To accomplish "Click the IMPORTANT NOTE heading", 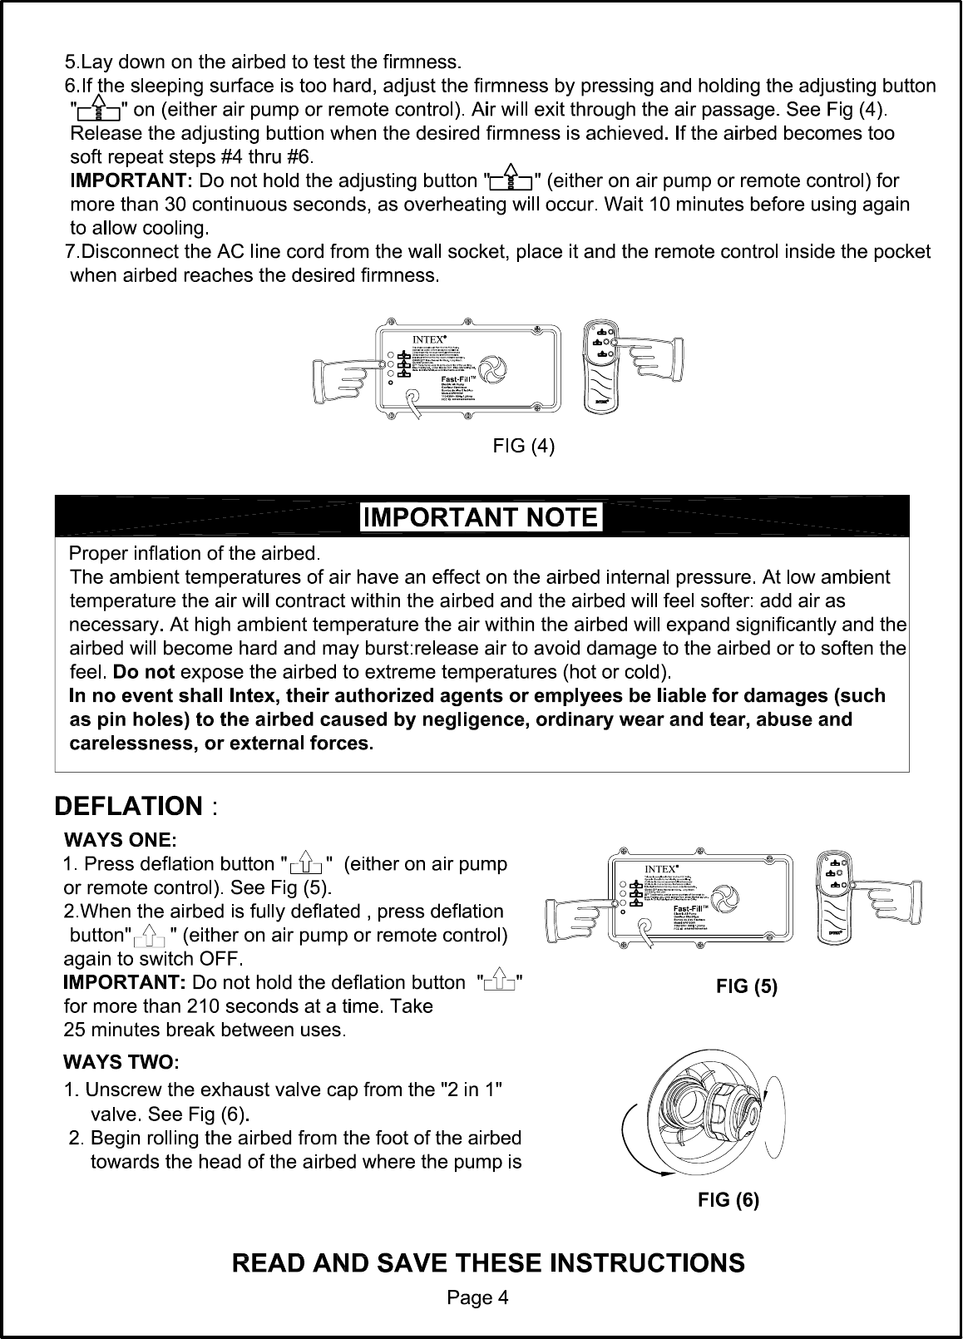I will pos(481,517).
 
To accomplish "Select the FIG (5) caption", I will pos(747,987).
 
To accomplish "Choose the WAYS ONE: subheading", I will pos(121,837).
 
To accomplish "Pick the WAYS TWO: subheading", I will pos(122,1062).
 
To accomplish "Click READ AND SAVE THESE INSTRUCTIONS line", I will pos(488,1263).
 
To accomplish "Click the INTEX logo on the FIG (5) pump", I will pos(663,870).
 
